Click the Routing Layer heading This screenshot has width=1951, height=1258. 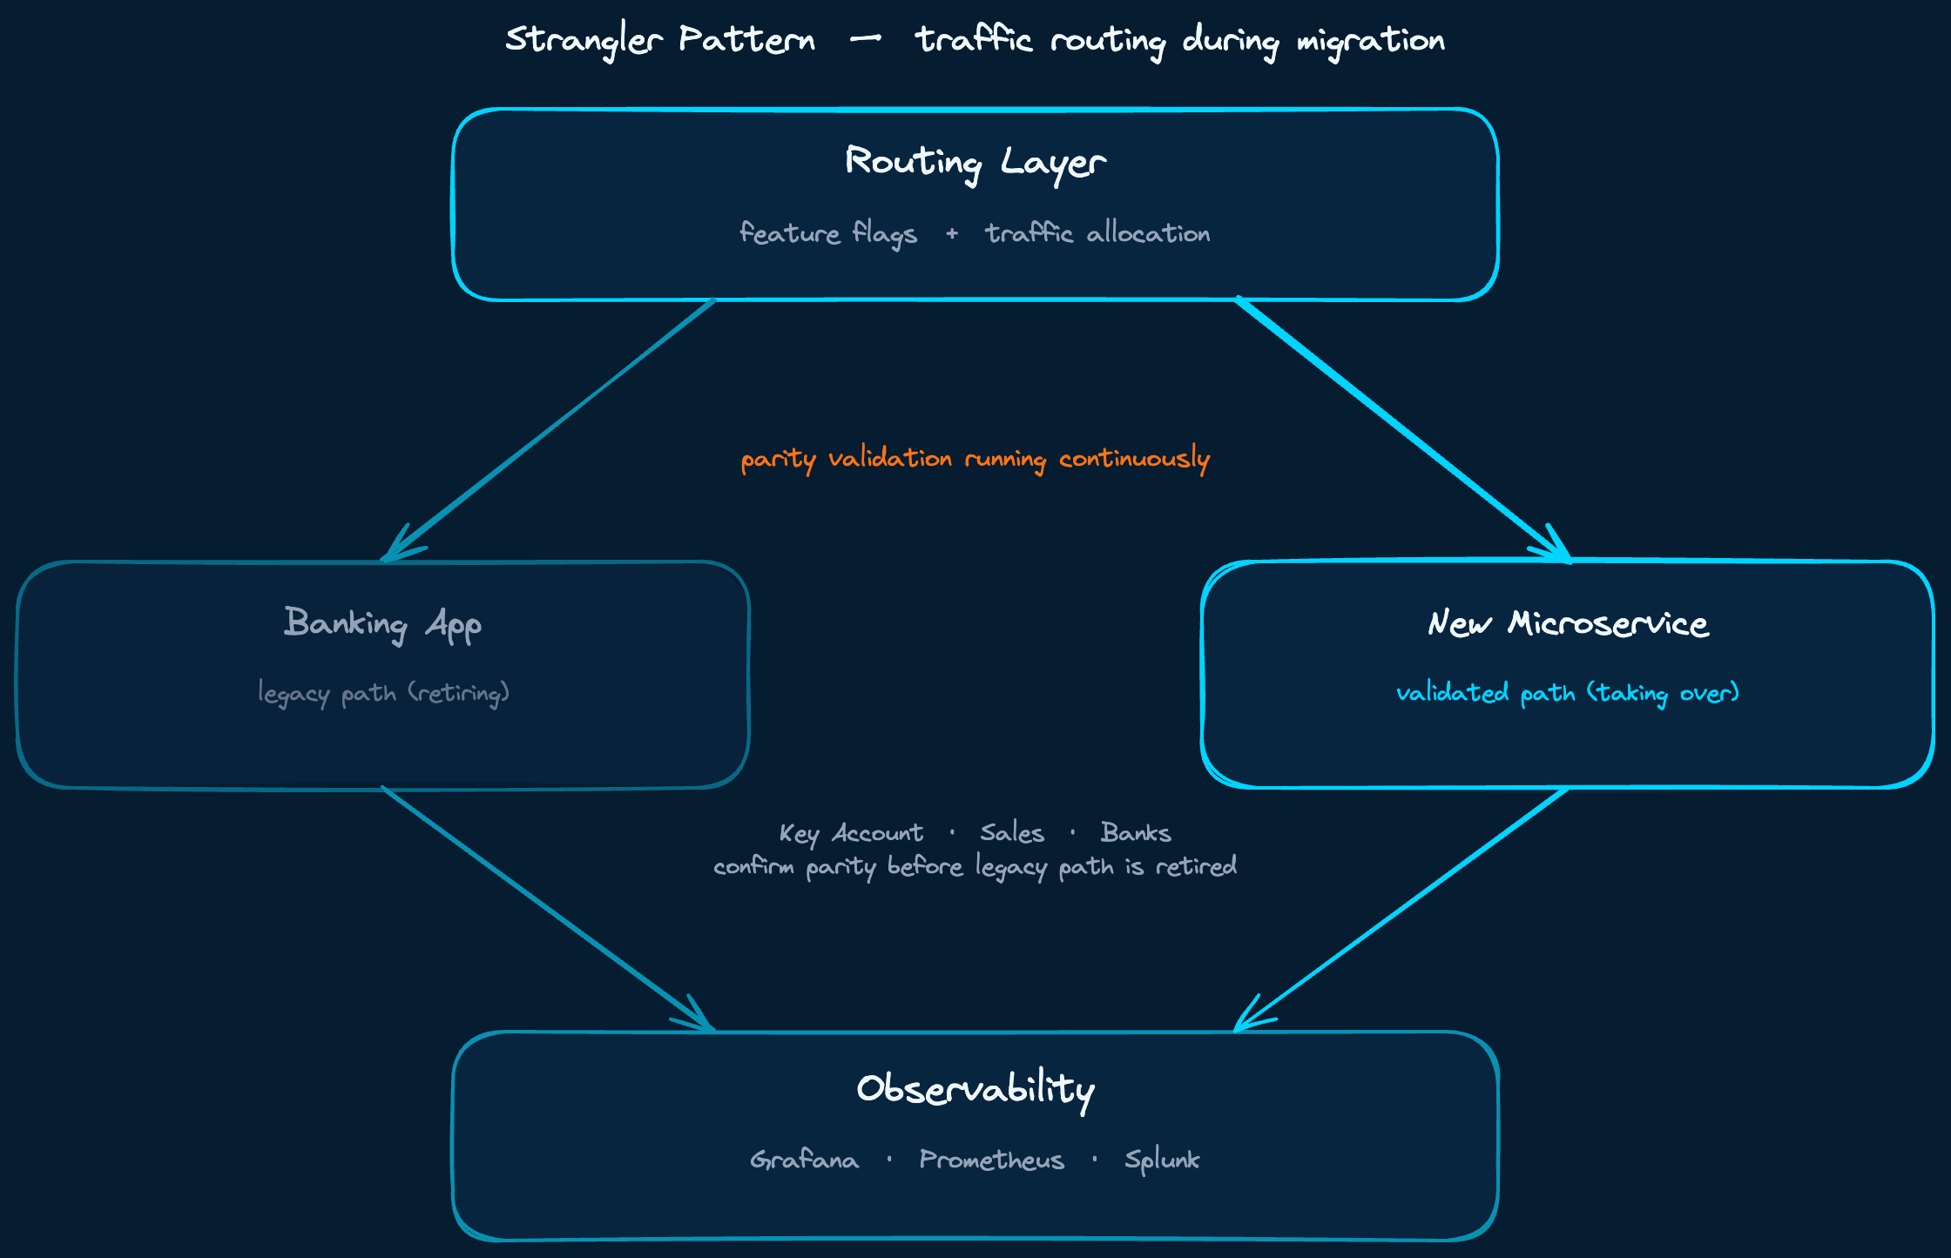975,163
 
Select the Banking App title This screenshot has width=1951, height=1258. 382,624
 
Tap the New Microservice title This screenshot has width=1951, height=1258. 1568,624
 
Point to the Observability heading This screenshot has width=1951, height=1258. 975,1089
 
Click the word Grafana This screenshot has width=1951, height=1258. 804,1160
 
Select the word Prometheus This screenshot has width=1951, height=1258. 991,1160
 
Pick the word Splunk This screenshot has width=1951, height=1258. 1162,1160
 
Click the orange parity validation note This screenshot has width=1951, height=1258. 975,459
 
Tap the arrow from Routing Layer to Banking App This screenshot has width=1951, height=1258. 549,430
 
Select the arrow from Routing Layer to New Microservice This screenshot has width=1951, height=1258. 1402,430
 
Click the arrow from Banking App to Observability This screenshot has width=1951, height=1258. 549,910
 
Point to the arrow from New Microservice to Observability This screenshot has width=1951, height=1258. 1402,910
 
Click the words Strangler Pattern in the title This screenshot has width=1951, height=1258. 660,40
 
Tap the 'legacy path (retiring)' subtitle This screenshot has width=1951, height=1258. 383,694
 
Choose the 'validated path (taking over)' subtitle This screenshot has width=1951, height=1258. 1568,694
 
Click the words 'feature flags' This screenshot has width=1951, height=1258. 828,233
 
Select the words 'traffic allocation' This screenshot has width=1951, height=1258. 1097,233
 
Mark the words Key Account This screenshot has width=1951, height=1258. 851,834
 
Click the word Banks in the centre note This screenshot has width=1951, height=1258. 1136,833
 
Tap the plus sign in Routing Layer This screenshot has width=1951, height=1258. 952,233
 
